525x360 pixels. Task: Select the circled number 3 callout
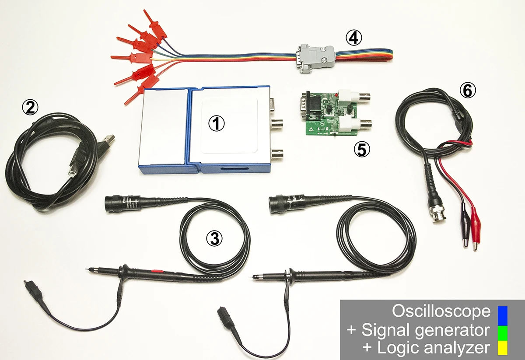[x=214, y=238]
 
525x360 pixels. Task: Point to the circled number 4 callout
[x=353, y=38]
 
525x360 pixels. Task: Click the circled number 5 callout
[x=361, y=150]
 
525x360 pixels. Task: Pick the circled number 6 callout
[x=467, y=91]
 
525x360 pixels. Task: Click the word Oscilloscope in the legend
[x=441, y=311]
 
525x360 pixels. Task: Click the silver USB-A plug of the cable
[x=107, y=140]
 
